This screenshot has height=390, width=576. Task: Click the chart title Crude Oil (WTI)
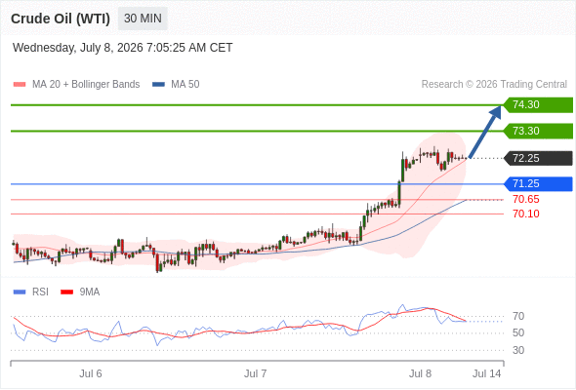61,19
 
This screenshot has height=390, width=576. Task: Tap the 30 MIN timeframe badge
143,19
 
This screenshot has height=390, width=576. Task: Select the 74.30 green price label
538,105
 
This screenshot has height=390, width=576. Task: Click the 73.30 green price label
538,131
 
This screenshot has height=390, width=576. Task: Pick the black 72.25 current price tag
538,158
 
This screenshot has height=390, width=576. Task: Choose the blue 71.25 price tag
538,184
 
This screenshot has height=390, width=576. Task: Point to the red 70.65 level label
526,199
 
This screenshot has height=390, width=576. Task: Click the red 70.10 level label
526,214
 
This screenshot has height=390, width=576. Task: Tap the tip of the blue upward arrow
501,106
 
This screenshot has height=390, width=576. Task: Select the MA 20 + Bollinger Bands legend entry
76,85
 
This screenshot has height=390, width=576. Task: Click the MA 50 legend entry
176,85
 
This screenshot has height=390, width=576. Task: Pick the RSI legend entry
31,292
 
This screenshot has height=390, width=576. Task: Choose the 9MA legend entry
80,292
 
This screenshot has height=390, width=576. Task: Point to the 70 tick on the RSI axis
518,316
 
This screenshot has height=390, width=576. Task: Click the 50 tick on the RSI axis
518,332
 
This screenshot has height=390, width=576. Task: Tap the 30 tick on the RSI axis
518,350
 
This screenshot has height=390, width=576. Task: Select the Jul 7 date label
256,373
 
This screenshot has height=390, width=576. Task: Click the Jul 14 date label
487,373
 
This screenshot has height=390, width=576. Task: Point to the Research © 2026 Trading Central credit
494,85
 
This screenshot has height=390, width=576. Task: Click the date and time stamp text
122,48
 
